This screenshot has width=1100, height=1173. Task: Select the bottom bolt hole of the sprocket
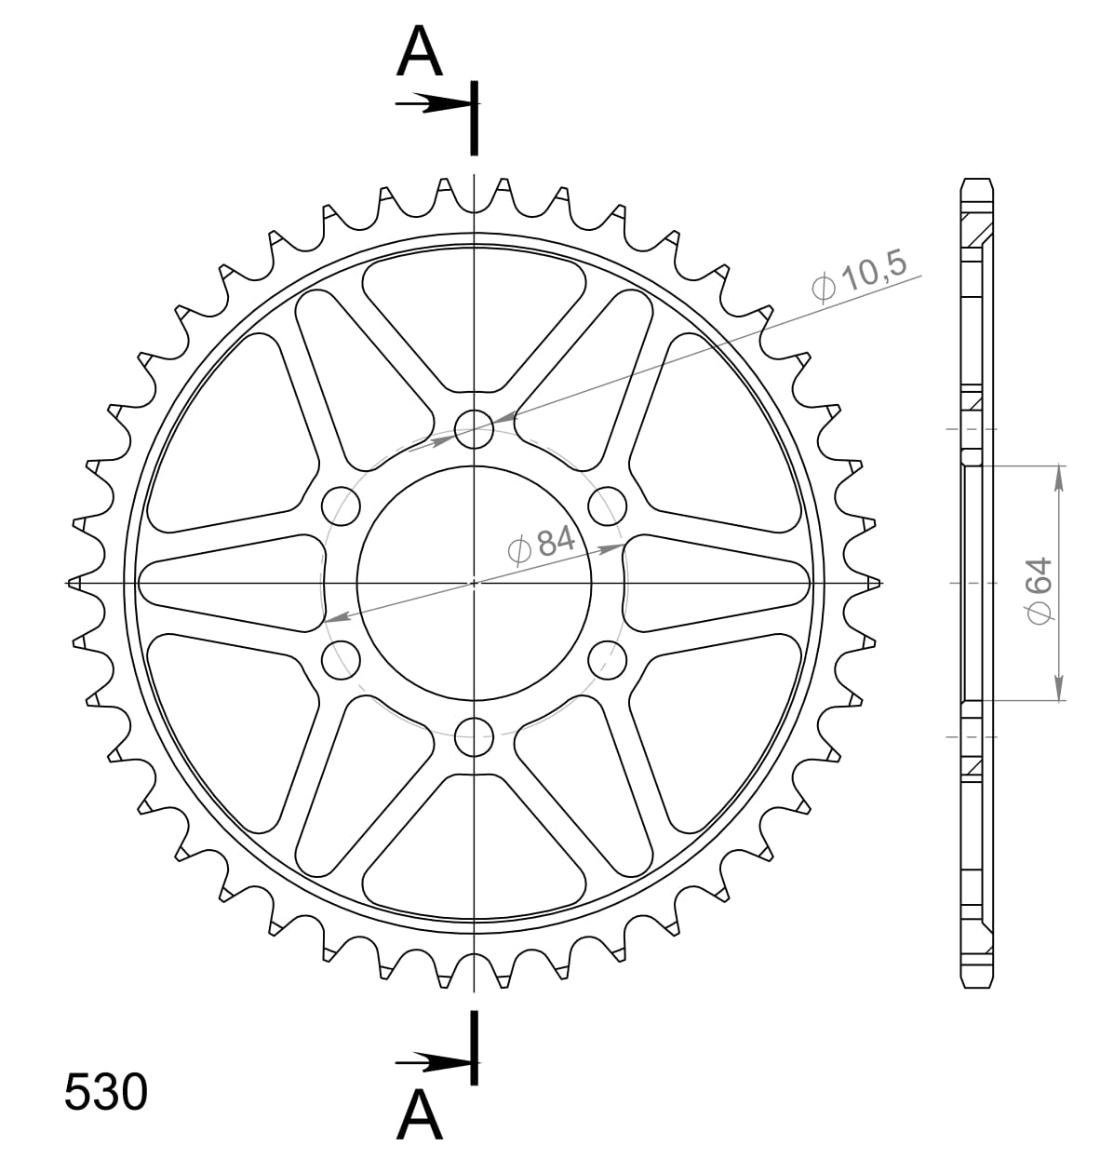474,737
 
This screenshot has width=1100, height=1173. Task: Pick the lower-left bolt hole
341,661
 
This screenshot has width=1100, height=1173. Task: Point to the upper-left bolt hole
341,505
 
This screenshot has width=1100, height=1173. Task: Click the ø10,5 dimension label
858,276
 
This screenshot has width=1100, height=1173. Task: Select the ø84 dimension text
543,544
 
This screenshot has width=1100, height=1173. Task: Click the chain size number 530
105,1093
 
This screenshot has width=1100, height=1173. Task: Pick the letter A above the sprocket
419,53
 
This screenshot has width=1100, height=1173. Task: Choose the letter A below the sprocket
419,1115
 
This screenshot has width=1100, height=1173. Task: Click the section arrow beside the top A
430,103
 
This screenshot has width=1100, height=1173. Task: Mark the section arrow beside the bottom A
430,1060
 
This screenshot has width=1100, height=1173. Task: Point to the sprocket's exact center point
474,583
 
